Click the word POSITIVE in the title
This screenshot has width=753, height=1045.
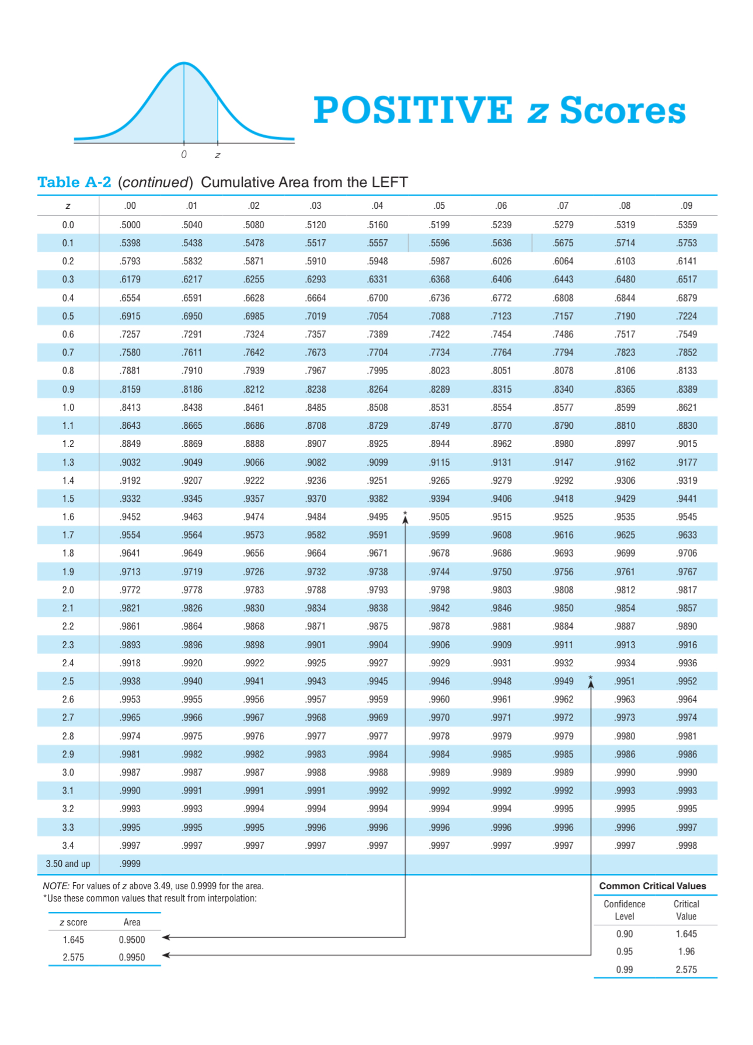[413, 110]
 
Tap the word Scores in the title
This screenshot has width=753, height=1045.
[622, 110]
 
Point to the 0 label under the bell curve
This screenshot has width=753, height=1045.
[184, 155]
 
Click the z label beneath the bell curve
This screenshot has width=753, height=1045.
[218, 155]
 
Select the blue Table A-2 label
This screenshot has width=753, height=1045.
[74, 183]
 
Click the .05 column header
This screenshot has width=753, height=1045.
[439, 205]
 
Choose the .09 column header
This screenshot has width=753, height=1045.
[686, 205]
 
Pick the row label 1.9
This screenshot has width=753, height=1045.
[68, 572]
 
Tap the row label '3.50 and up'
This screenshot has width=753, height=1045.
[68, 864]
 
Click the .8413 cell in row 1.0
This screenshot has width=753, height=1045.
[130, 407]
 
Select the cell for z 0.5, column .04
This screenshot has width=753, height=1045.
[377, 316]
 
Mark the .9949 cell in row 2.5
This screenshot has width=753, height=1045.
[563, 681]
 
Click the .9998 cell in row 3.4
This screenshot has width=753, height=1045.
[686, 845]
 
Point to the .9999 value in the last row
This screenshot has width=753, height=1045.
[130, 864]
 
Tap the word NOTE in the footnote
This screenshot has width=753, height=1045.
[55, 886]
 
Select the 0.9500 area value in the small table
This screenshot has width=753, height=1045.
[132, 939]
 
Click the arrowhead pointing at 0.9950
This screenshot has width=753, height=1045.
[166, 955]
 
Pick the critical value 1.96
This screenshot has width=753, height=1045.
[686, 951]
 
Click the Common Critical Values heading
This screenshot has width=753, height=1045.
[653, 886]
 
